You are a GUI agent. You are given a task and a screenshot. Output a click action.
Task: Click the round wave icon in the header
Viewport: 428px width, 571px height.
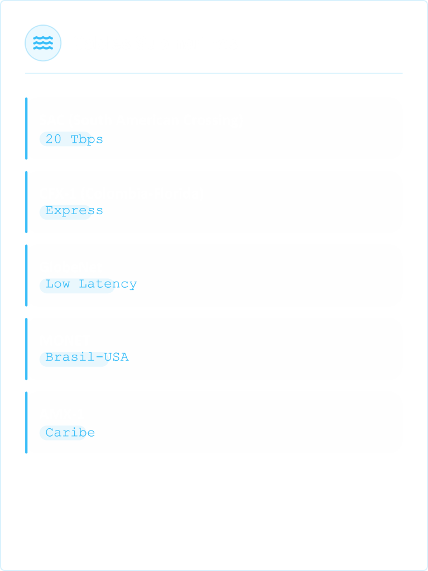click(43, 43)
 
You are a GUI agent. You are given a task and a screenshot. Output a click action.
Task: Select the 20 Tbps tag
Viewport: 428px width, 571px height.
click(65, 139)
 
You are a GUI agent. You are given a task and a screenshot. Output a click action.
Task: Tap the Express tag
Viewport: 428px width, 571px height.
click(65, 211)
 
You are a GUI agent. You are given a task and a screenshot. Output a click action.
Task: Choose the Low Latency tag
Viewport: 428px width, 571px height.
click(77, 285)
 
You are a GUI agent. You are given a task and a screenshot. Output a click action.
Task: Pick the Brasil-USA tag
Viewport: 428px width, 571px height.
click(74, 359)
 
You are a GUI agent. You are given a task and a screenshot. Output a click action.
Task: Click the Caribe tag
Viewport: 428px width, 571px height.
click(63, 433)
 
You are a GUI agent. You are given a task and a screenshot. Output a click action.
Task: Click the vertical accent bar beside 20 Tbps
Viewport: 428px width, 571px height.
click(26, 128)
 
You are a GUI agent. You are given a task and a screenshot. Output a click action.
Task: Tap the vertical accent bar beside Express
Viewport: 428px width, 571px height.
click(26, 202)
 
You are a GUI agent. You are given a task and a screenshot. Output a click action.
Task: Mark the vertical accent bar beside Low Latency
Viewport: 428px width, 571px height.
click(26, 275)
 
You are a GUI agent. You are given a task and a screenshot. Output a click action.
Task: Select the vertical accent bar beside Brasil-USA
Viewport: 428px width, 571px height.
click(26, 349)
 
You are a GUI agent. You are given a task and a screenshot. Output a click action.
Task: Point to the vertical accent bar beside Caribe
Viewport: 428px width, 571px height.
click(26, 423)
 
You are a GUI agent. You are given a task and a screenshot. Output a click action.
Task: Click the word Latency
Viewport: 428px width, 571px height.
click(108, 284)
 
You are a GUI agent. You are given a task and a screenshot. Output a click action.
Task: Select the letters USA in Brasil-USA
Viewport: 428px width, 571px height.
click(117, 357)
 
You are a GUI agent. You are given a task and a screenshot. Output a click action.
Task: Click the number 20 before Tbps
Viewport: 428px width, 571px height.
click(54, 139)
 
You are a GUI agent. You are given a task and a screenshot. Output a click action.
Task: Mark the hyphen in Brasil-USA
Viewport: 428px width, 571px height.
click(100, 357)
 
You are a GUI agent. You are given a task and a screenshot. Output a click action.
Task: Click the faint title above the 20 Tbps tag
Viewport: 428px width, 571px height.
click(140, 119)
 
